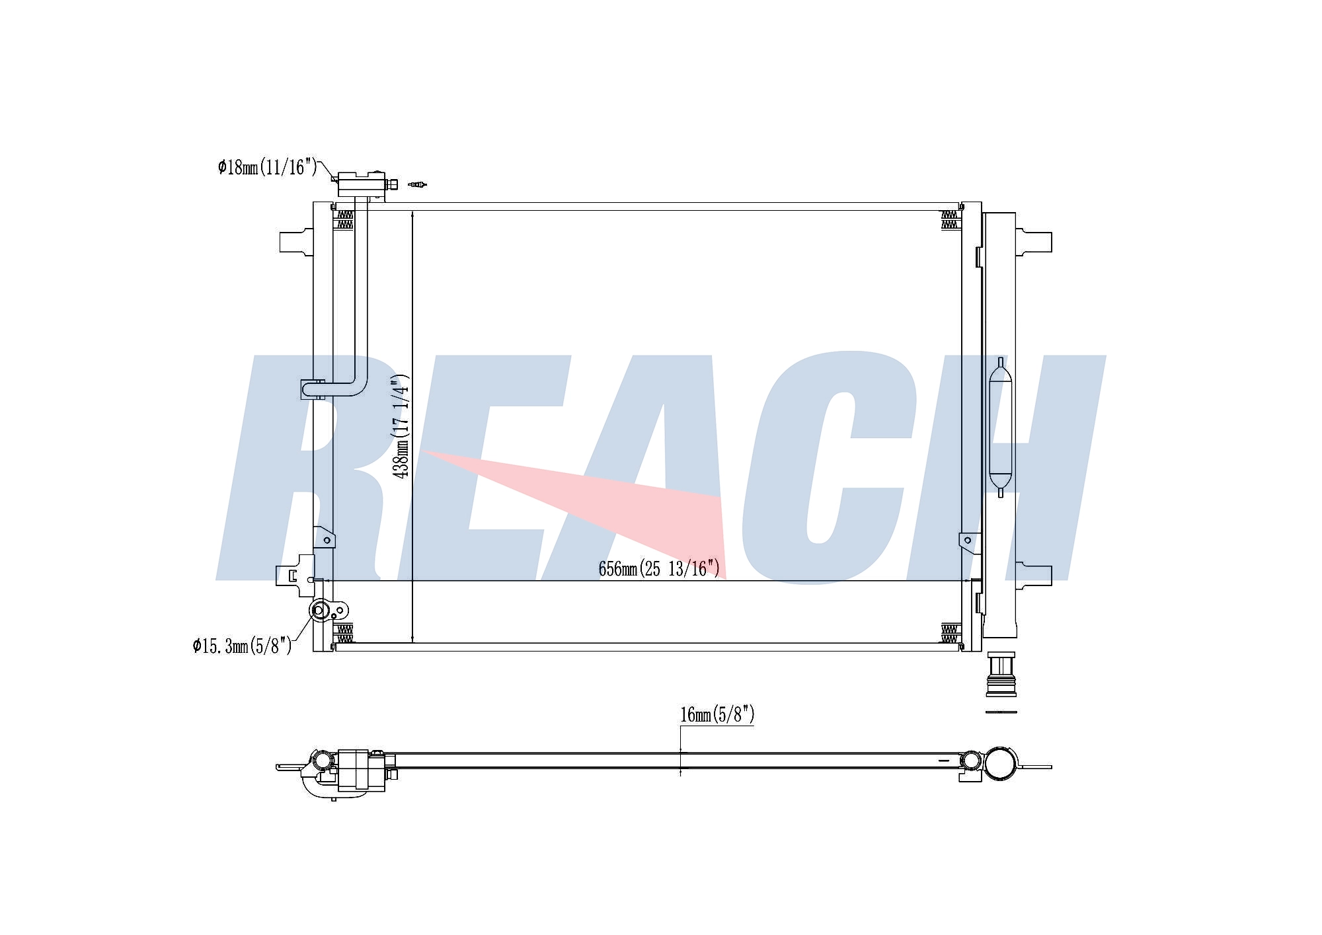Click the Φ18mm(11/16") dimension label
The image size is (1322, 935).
click(x=268, y=167)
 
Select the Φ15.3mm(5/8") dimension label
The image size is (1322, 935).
click(x=242, y=646)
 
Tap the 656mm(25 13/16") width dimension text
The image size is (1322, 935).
click(x=659, y=568)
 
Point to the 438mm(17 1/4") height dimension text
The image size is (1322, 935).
click(x=401, y=427)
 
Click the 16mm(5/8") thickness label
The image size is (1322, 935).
click(x=717, y=714)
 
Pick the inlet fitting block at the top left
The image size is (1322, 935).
click(x=361, y=184)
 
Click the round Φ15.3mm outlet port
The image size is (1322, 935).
click(x=319, y=610)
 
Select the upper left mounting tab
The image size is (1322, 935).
click(x=296, y=241)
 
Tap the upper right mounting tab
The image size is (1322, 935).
click(x=1033, y=242)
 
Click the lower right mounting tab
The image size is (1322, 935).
click(x=1033, y=575)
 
